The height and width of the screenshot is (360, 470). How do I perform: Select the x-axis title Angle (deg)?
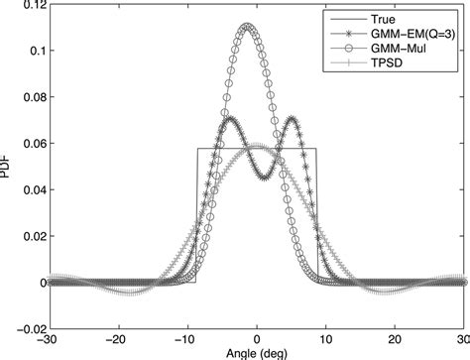click(257, 353)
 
